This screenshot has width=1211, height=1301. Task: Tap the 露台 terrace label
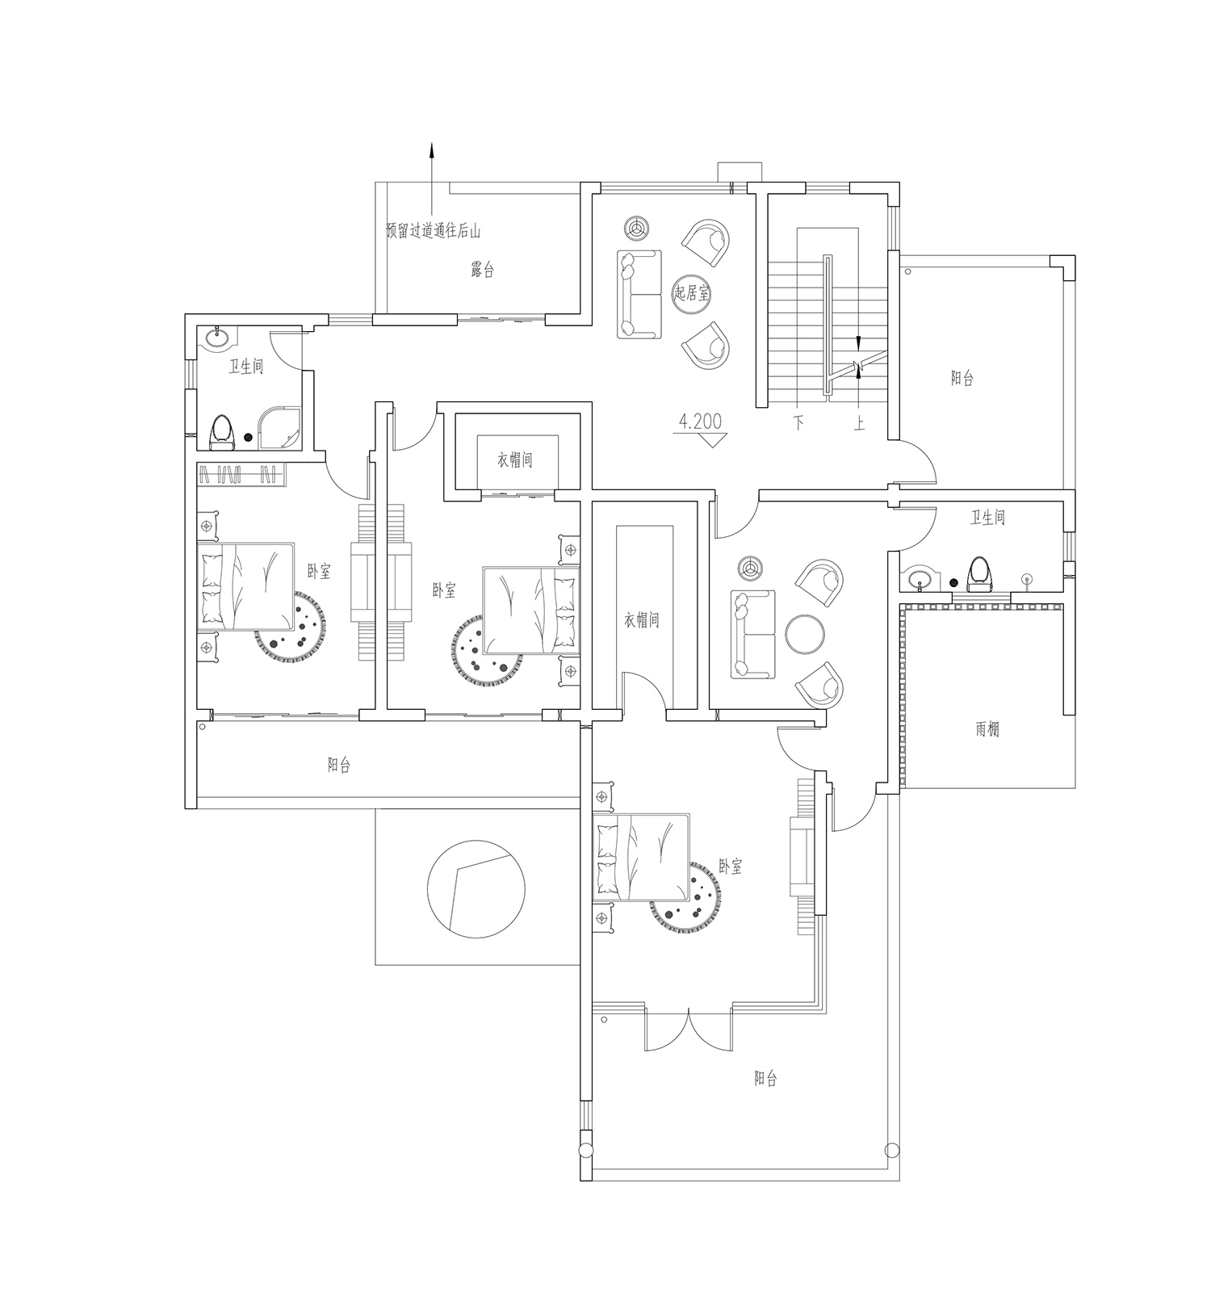point(482,270)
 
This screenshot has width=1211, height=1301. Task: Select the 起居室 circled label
point(692,293)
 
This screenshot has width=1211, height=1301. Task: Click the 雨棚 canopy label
point(987,728)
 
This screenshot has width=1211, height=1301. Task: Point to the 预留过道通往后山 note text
point(434,231)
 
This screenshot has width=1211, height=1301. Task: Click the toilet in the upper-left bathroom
point(221,433)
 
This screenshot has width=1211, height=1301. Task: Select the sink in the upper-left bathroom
point(216,338)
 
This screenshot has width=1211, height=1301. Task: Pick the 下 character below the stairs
point(798,422)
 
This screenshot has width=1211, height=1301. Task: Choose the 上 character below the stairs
point(859,422)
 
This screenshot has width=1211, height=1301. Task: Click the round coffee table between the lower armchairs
point(805,633)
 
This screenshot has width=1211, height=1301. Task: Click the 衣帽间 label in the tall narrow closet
point(642,620)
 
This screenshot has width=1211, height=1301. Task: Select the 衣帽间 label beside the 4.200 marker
point(514,460)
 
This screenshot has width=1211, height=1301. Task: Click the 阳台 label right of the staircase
point(962,378)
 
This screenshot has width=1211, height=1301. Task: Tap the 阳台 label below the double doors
point(765,1078)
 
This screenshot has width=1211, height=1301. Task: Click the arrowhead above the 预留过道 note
point(431,150)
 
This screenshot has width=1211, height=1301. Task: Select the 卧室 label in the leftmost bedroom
point(319,572)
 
